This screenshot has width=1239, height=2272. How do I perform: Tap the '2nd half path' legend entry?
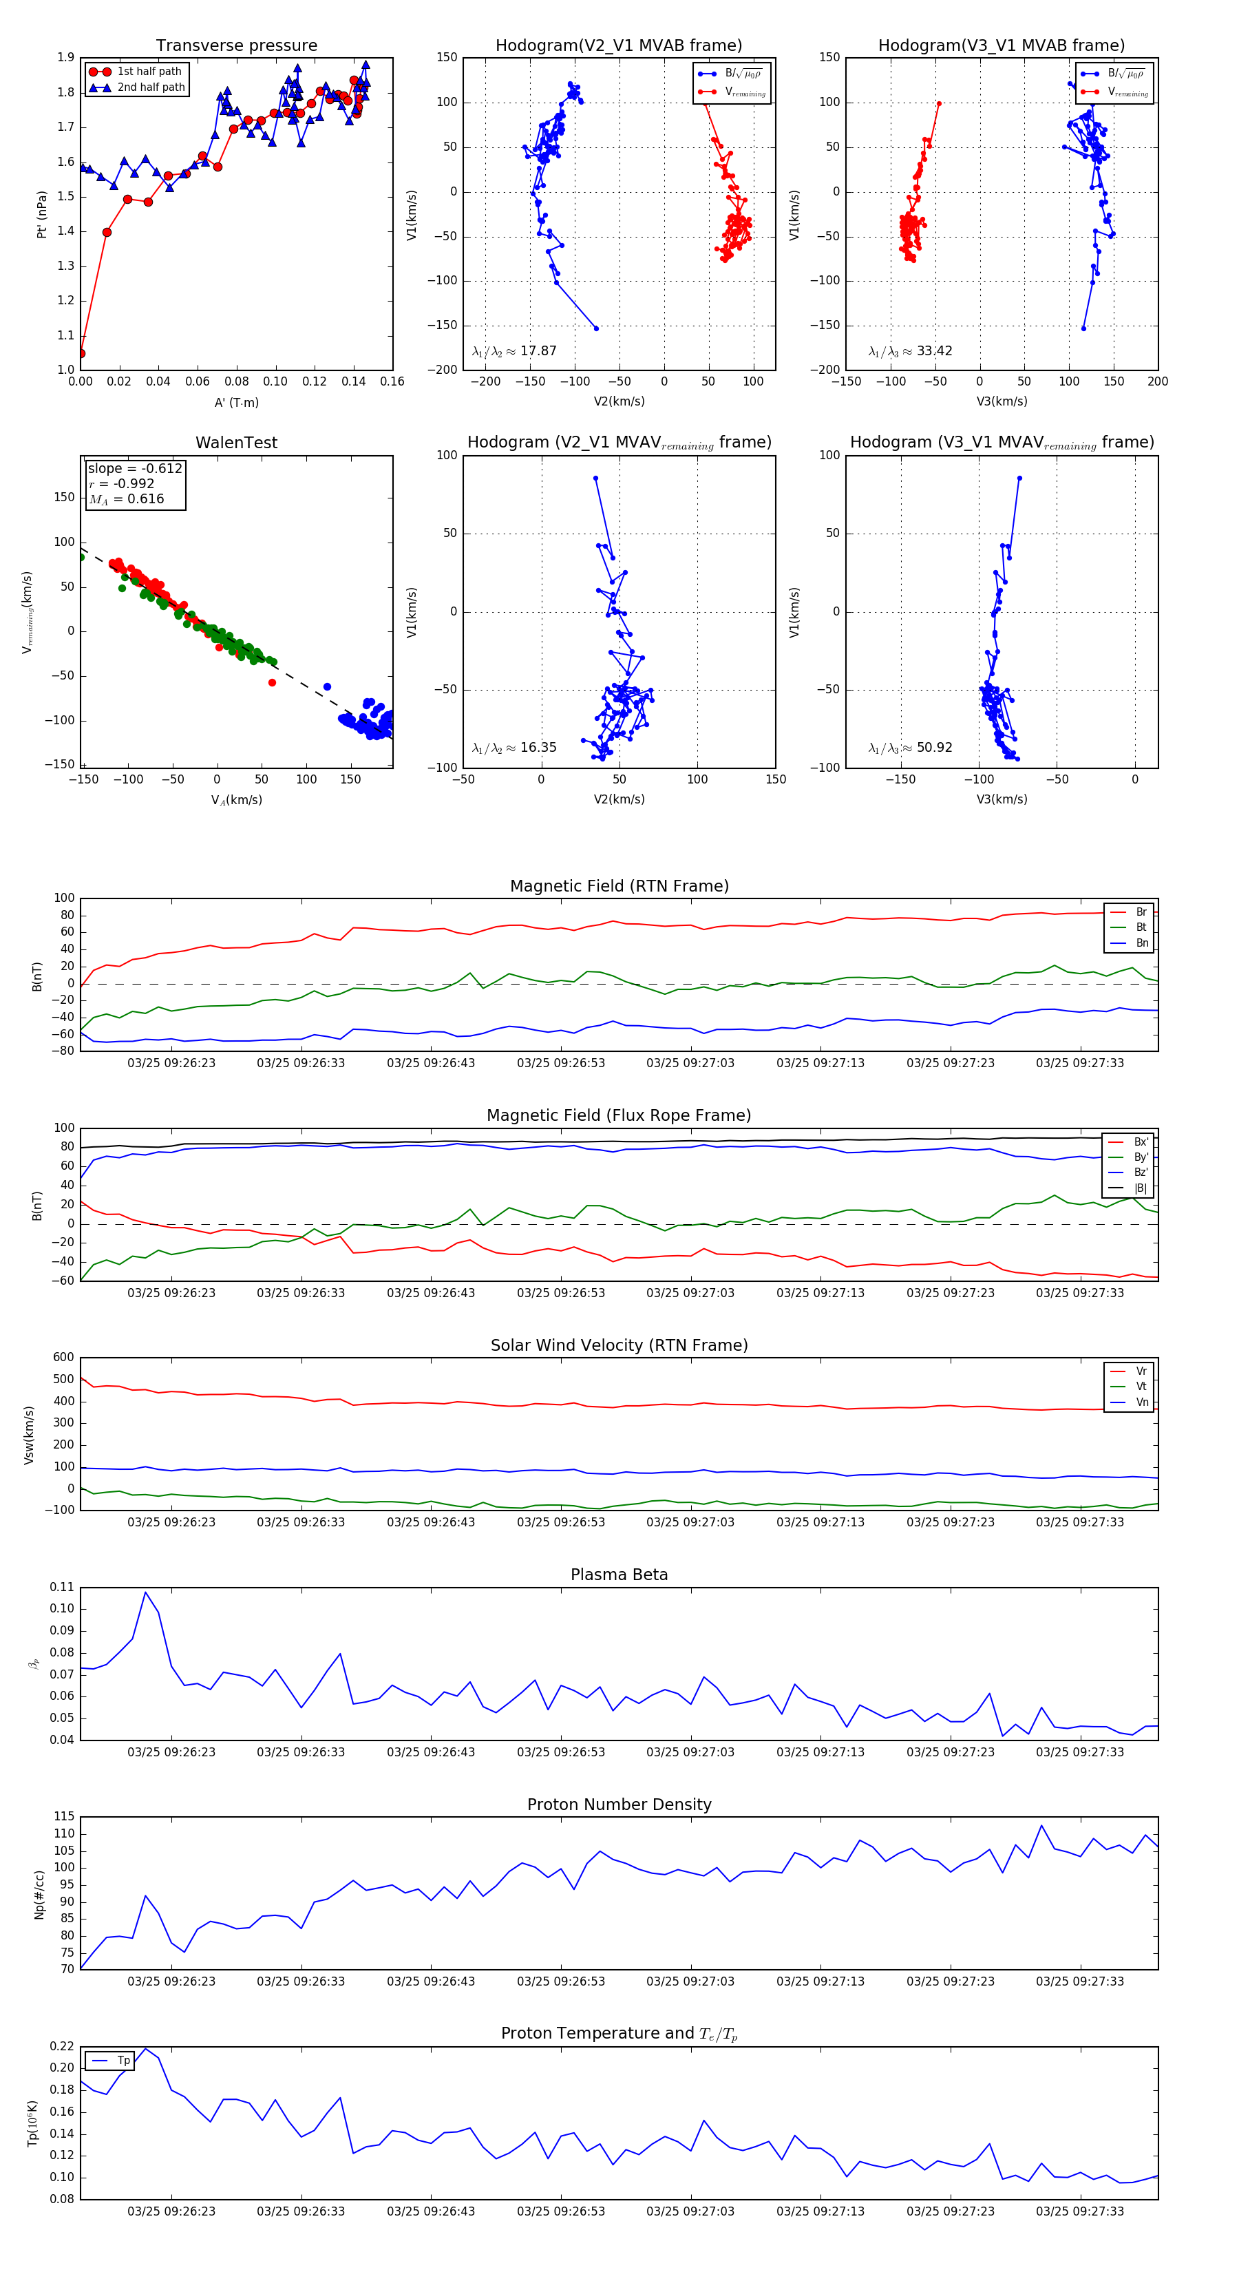(x=151, y=87)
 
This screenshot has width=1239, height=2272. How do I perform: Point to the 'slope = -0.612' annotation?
(x=135, y=468)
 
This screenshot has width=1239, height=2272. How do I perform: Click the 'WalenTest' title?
(x=236, y=443)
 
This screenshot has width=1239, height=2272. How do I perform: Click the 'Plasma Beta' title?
(x=619, y=1575)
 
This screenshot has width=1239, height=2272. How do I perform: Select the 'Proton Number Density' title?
(x=619, y=1805)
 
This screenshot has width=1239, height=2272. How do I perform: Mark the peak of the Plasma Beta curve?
(x=145, y=1592)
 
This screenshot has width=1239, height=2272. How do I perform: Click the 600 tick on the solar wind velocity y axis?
(x=63, y=1358)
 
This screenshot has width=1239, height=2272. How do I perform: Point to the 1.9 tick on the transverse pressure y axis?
(x=66, y=57)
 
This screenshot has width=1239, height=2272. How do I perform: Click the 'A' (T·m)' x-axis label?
(x=236, y=402)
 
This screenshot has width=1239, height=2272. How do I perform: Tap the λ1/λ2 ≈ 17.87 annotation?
(x=514, y=351)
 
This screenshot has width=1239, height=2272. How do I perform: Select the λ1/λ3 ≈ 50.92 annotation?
(x=910, y=748)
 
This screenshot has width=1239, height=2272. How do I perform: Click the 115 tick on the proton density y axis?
(x=63, y=1817)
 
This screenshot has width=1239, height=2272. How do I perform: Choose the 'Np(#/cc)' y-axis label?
(x=39, y=1893)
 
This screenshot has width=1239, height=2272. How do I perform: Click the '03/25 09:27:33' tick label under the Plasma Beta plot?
(x=1079, y=1752)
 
